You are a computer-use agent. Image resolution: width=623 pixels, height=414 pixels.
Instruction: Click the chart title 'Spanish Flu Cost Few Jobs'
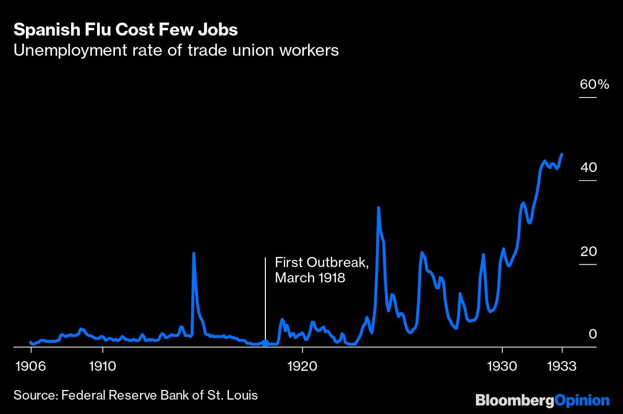coord(125,30)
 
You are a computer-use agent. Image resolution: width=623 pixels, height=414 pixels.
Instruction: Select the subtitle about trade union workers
coord(176,50)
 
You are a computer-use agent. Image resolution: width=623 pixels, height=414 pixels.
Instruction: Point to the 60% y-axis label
coord(594,85)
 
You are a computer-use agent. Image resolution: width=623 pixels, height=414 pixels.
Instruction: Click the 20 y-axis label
coord(588,252)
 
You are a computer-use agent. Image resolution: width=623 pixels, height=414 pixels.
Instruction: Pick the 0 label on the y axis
coord(592,334)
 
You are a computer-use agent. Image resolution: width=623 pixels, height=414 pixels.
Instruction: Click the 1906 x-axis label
coord(31,366)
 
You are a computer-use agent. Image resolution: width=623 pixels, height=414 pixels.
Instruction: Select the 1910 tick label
coord(102,366)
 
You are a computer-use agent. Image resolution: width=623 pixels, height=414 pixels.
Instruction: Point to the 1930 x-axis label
coord(502,366)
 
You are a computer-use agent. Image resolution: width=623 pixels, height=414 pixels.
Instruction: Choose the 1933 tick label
coord(561,366)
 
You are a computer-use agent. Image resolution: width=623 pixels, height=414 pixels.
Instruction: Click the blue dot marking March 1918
coord(265,343)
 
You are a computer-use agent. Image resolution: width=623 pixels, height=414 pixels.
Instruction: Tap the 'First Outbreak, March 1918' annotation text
coord(322,270)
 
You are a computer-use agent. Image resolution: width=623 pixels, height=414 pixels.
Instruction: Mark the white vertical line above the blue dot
coord(265,298)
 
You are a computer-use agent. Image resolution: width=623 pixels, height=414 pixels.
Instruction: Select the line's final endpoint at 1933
coord(562,154)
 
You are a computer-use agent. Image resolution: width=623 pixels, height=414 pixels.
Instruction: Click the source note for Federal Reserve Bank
coord(136,395)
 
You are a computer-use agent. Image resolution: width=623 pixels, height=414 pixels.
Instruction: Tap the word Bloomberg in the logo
coord(514,400)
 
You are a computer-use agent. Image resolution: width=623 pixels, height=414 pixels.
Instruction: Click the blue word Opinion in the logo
coord(582,400)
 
